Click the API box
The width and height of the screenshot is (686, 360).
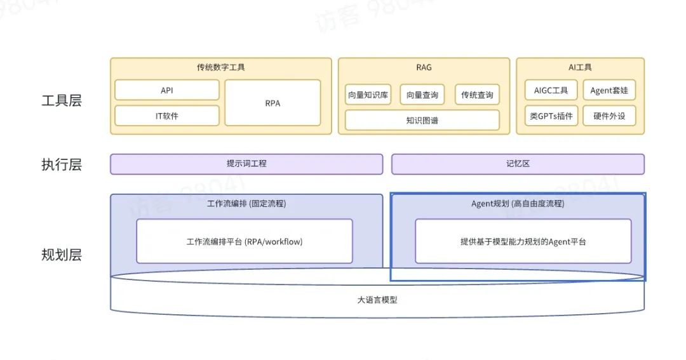pyautogui.click(x=166, y=90)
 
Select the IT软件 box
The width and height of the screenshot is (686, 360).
pyautogui.click(x=166, y=116)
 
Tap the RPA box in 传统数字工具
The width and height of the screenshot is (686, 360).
pyautogui.click(x=272, y=103)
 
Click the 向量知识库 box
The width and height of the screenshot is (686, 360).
pyautogui.click(x=368, y=95)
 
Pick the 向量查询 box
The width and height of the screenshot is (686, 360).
pyautogui.click(x=422, y=95)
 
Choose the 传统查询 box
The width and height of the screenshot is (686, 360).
pyautogui.click(x=477, y=95)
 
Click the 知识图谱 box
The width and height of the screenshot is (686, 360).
pyautogui.click(x=422, y=120)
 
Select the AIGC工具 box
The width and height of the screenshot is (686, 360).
pyautogui.click(x=551, y=90)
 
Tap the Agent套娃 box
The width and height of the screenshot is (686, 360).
pyautogui.click(x=609, y=90)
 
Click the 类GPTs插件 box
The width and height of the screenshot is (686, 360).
pyautogui.click(x=551, y=116)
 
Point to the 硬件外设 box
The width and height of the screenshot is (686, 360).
pyautogui.click(x=609, y=116)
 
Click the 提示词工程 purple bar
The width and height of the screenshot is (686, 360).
pyautogui.click(x=246, y=164)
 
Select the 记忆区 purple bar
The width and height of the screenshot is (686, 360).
pyautogui.click(x=518, y=164)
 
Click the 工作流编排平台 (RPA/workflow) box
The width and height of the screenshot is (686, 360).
pyautogui.click(x=245, y=241)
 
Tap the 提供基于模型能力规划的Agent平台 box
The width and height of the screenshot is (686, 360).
pyautogui.click(x=523, y=241)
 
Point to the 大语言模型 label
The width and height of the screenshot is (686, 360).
pyautogui.click(x=377, y=300)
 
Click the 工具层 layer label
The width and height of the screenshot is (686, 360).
pyautogui.click(x=62, y=100)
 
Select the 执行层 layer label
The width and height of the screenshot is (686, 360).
pyautogui.click(x=62, y=165)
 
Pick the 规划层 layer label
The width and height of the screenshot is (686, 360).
pyautogui.click(x=62, y=255)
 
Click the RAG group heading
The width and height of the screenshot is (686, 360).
pyautogui.click(x=424, y=67)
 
